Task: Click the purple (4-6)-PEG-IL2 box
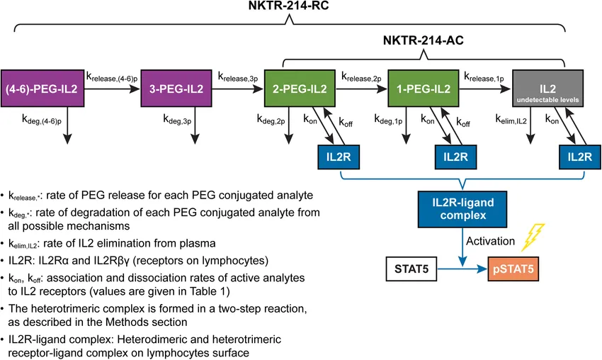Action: [40, 89]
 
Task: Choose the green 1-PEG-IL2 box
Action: [422, 89]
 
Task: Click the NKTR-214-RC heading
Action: [287, 9]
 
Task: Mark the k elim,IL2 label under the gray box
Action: [511, 120]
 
